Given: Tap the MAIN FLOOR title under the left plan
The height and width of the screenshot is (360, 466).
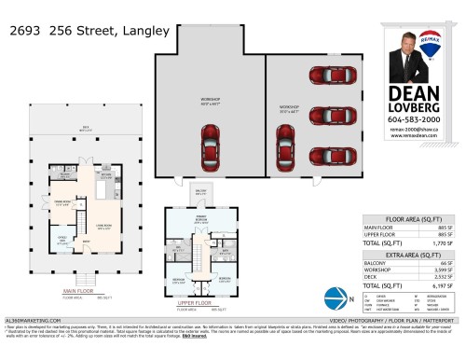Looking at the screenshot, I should click(81, 290).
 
